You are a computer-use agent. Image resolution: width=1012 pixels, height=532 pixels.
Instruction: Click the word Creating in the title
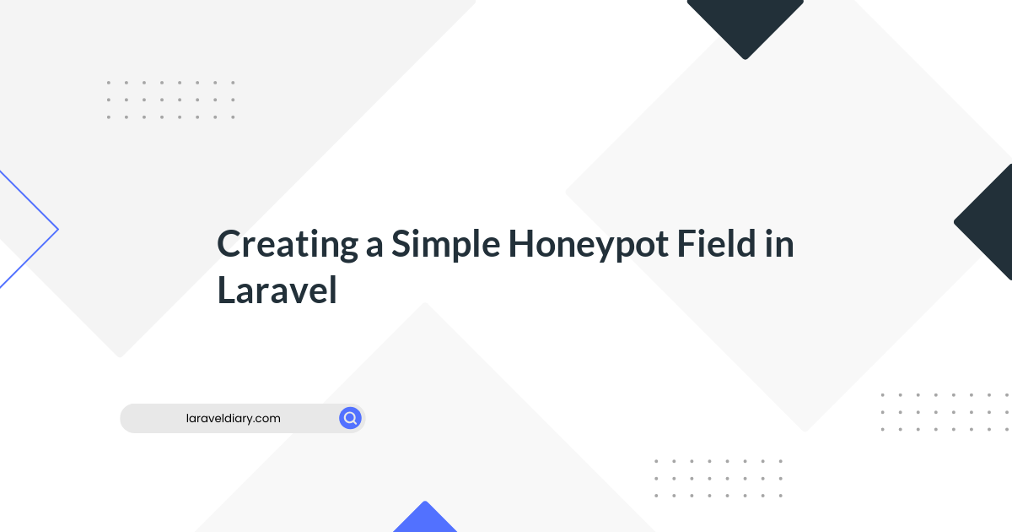pyautogui.click(x=288, y=245)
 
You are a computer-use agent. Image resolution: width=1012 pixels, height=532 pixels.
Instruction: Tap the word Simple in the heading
pyautogui.click(x=445, y=245)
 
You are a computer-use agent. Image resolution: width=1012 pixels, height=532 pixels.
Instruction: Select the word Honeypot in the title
pyautogui.click(x=589, y=245)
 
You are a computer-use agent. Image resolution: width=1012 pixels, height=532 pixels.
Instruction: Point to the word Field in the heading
pyautogui.click(x=716, y=243)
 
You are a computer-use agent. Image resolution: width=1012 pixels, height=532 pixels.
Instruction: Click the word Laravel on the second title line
pyautogui.click(x=277, y=290)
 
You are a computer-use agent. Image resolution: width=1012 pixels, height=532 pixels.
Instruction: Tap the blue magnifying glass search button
pyautogui.click(x=350, y=418)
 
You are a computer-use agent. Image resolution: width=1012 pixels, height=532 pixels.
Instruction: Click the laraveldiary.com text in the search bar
pyautogui.click(x=233, y=419)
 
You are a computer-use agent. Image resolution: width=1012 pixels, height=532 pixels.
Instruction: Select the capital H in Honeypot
pyautogui.click(x=522, y=243)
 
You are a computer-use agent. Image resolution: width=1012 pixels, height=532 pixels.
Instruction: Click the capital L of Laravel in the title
pyautogui.click(x=226, y=290)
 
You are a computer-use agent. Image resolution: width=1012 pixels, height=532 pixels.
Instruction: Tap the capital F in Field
pyautogui.click(x=686, y=243)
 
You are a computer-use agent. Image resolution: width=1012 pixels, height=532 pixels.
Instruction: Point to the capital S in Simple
pyautogui.click(x=401, y=243)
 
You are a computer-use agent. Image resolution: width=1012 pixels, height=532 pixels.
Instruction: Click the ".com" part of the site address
pyautogui.click(x=268, y=419)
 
